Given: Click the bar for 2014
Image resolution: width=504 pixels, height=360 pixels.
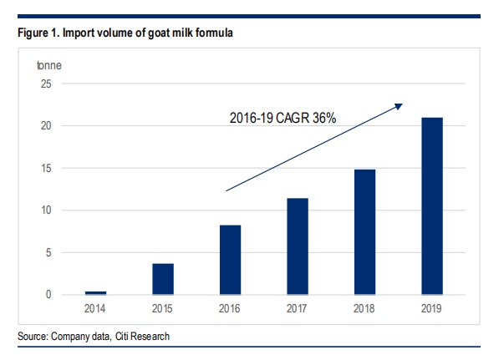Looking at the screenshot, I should click(96, 292).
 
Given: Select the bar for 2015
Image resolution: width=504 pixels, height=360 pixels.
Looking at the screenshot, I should click(163, 279).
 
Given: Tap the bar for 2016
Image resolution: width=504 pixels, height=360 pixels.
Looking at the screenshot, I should click(230, 260).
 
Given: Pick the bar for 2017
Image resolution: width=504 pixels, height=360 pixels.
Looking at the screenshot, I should click(297, 246).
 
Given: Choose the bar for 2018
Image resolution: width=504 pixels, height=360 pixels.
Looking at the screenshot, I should click(364, 231).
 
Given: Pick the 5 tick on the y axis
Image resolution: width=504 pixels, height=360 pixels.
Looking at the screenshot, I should click(49, 252).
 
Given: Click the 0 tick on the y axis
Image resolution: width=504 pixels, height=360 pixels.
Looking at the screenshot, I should click(49, 295).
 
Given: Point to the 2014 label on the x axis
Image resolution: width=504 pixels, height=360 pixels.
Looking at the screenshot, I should click(96, 308).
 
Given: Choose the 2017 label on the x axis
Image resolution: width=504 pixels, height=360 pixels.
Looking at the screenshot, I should click(297, 308).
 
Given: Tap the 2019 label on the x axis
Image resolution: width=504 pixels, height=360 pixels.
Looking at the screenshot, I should click(431, 308).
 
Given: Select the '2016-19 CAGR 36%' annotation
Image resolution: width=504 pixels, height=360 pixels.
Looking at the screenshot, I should click(283, 119).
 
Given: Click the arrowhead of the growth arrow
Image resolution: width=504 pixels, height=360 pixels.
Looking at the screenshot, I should click(400, 105).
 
